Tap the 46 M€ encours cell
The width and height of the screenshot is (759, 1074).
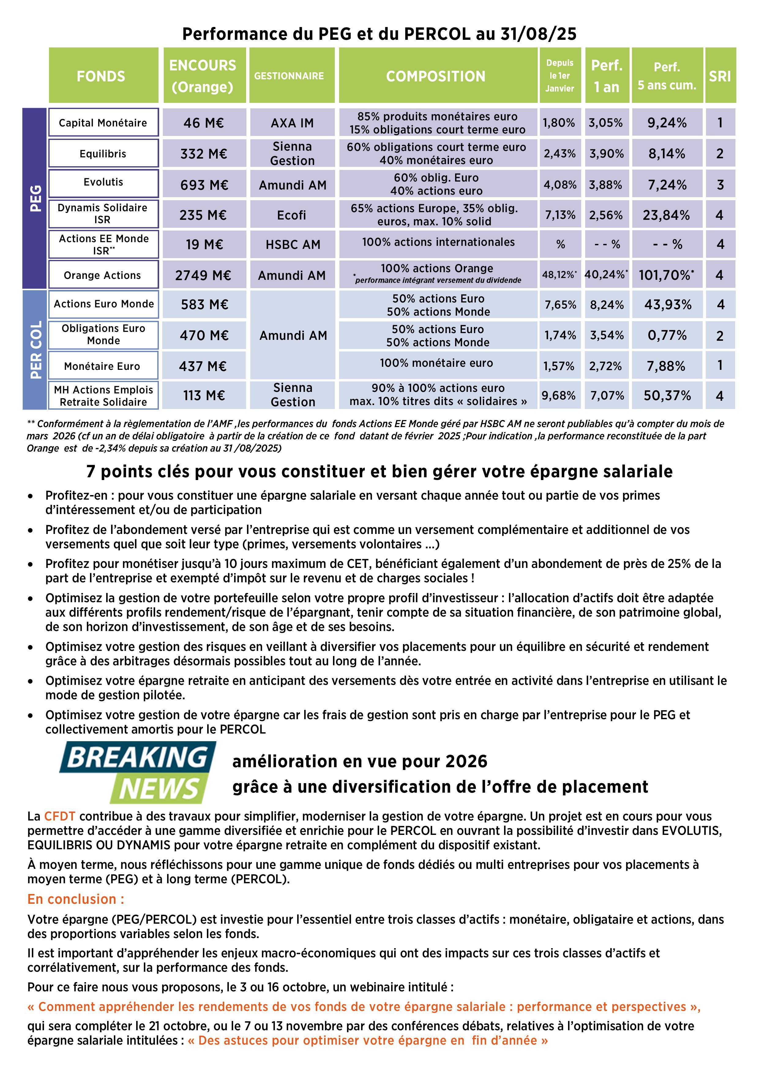[204, 122]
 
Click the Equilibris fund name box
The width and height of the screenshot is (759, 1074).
[103, 153]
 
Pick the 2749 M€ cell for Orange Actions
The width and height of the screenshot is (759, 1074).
[204, 275]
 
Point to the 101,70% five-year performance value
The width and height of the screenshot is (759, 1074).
[666, 275]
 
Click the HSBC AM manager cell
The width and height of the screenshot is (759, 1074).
[293, 245]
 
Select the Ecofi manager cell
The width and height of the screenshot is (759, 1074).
[292, 215]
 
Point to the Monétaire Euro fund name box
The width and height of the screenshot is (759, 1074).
[103, 366]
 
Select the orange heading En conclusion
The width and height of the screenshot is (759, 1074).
[76, 899]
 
